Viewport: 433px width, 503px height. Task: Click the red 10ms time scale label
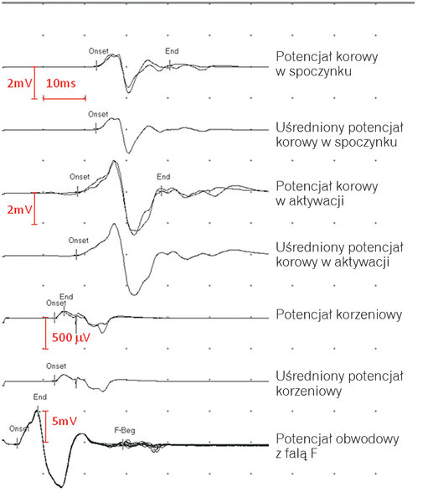coord(61,83)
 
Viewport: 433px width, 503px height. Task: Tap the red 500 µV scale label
coord(71,338)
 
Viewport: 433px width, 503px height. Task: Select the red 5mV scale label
coord(64,421)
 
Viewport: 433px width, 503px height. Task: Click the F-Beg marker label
coord(125,430)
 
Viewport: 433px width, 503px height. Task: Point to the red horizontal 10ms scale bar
coord(64,98)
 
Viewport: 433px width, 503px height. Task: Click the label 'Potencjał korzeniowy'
coord(338,314)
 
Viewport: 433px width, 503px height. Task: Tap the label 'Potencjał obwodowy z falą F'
coord(338,446)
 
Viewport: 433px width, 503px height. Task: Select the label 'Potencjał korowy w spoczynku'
coord(327,64)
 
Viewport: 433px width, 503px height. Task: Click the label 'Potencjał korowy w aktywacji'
coord(327,194)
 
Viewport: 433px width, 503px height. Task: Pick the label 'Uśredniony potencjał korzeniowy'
coord(339,383)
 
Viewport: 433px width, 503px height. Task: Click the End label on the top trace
coord(172,51)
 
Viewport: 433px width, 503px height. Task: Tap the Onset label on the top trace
coord(99,51)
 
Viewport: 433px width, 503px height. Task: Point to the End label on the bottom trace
coord(39,397)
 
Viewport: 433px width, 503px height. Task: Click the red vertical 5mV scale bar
coord(46,427)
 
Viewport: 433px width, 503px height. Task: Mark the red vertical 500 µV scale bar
coord(45,333)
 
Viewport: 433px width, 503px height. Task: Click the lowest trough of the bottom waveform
coord(61,487)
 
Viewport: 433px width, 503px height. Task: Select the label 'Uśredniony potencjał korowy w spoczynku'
coord(339,134)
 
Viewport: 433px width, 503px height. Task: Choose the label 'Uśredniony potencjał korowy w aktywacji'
coord(339,255)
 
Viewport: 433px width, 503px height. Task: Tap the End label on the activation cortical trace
coord(163,177)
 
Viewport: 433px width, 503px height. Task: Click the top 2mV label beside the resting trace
coord(20,83)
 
